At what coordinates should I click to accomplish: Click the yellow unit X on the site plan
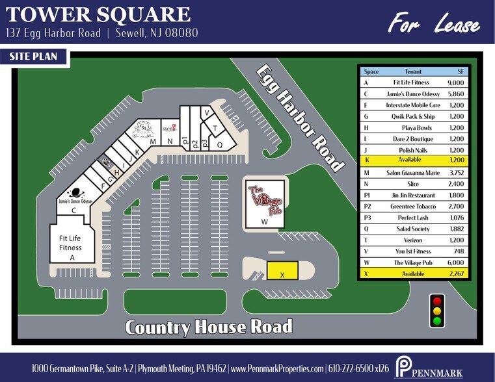[282, 270]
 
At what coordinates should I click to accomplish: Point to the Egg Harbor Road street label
[299, 118]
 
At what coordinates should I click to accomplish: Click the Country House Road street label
[208, 326]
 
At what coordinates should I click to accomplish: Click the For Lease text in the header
[434, 25]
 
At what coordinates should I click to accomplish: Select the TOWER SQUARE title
[98, 14]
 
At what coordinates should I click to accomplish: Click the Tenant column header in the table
[411, 71]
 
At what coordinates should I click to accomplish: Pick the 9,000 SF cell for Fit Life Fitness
[456, 83]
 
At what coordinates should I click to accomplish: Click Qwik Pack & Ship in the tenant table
[411, 116]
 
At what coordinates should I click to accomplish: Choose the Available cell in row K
[411, 160]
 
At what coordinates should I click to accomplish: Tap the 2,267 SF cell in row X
[456, 274]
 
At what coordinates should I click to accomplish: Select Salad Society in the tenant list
[411, 229]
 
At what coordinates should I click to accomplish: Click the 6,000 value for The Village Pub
[456, 262]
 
